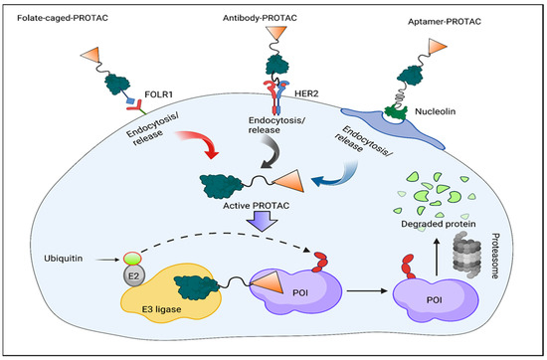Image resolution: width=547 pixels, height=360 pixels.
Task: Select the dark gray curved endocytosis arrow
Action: [262, 150]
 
